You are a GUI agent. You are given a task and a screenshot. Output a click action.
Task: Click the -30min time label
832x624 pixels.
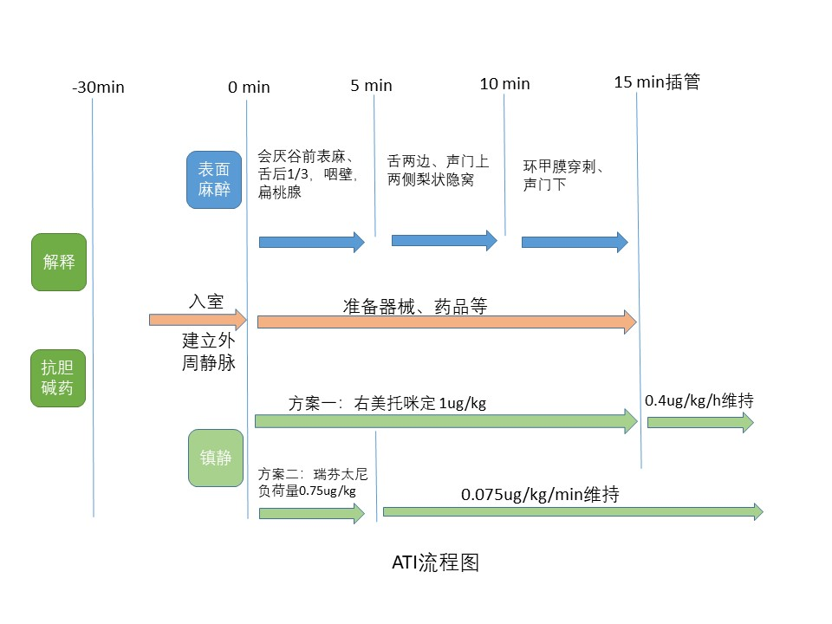[x=98, y=88]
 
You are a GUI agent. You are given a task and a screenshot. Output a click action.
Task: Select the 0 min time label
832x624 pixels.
[x=249, y=88]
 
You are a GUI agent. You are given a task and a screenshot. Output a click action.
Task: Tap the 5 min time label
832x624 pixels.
[x=371, y=85]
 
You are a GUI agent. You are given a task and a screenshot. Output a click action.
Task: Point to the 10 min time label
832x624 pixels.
[x=504, y=84]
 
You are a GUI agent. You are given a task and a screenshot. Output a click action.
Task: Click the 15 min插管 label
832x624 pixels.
[x=656, y=82]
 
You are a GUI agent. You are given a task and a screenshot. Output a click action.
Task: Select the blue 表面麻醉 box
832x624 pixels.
[x=214, y=180]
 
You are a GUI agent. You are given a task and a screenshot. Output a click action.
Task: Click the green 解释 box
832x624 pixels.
[x=59, y=262]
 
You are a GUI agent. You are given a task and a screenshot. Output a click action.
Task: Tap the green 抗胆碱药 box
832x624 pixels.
[x=59, y=378]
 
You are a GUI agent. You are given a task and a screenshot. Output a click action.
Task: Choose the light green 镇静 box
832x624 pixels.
[x=217, y=458]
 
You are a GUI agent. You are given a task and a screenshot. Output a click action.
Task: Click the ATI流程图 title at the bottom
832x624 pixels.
[x=435, y=563]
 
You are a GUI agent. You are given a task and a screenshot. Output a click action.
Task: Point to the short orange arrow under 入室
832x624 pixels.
[x=198, y=320]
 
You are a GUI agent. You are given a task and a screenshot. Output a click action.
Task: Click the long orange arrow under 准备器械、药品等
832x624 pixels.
[x=446, y=322]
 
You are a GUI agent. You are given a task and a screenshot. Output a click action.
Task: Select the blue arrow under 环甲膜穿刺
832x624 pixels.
[x=574, y=243]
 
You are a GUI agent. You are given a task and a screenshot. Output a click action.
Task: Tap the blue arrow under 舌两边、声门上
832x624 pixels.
[x=444, y=240]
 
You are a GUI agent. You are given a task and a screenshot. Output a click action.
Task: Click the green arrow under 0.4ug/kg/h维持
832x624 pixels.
[x=700, y=423]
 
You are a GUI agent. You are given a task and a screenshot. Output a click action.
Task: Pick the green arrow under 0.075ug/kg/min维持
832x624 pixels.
[x=572, y=512]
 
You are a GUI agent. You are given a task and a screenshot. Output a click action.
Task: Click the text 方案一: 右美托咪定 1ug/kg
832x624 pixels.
[x=387, y=404]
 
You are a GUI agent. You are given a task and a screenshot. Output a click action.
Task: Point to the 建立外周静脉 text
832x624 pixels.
[x=208, y=351]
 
